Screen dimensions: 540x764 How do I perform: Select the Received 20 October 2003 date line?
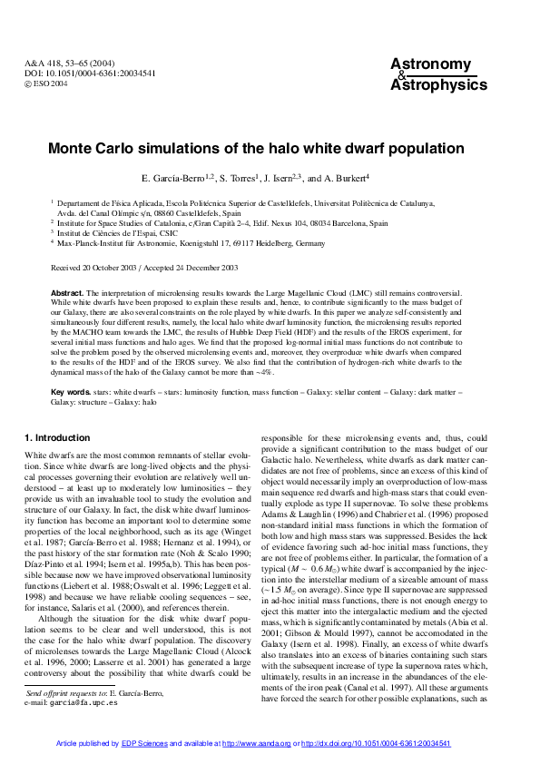click(90, 268)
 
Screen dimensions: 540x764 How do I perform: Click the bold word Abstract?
click(66, 293)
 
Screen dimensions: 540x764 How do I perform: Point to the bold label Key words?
click(71, 391)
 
